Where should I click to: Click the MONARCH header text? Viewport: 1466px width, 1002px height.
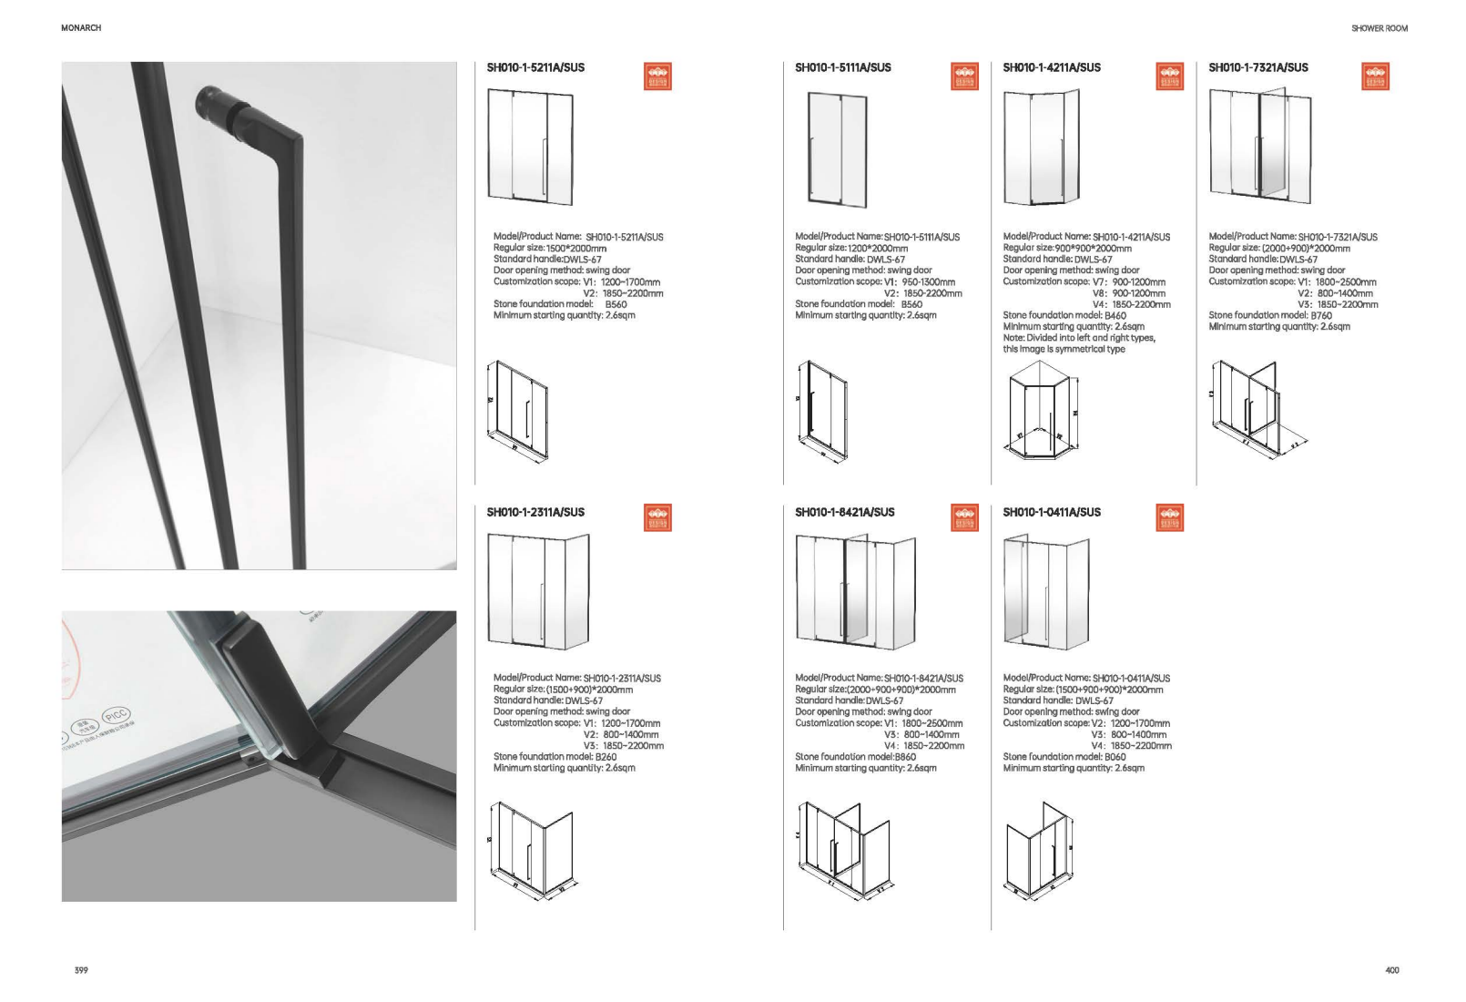pos(81,28)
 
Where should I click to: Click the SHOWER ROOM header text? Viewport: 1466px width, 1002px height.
pos(1379,28)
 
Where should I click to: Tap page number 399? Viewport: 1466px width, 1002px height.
pos(81,970)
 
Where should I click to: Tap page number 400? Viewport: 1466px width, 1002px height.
pos(1391,970)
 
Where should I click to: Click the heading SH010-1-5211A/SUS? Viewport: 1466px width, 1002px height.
pos(535,67)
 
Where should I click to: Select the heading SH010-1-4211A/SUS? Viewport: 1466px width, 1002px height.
pos(1051,67)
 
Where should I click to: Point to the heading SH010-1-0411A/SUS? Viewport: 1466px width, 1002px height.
pos(1051,512)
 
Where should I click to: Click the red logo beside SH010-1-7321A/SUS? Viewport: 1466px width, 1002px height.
pos(1375,77)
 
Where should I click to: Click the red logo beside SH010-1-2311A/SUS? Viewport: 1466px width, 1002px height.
pos(657,517)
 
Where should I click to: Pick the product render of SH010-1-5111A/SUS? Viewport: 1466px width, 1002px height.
pos(838,148)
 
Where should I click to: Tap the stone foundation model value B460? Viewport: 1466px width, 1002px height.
pos(1115,315)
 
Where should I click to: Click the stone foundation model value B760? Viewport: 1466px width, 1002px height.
pos(1320,315)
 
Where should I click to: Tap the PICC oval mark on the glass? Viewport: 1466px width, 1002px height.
pos(116,717)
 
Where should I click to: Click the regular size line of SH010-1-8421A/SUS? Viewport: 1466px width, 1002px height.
pos(875,690)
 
